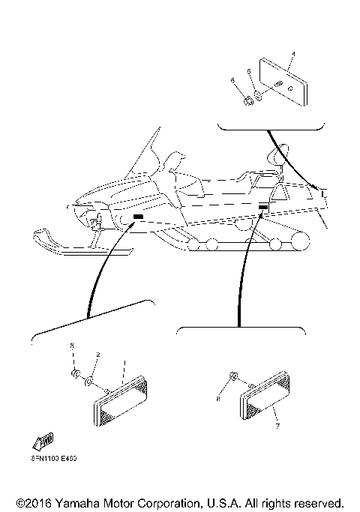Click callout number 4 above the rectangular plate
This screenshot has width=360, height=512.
coord(293,54)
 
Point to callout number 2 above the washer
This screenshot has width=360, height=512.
coord(97,355)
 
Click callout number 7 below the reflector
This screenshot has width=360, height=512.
coord(277,426)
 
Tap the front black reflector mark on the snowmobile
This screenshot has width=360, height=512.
coord(138,217)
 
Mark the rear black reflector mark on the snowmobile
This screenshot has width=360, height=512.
coord(263,206)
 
